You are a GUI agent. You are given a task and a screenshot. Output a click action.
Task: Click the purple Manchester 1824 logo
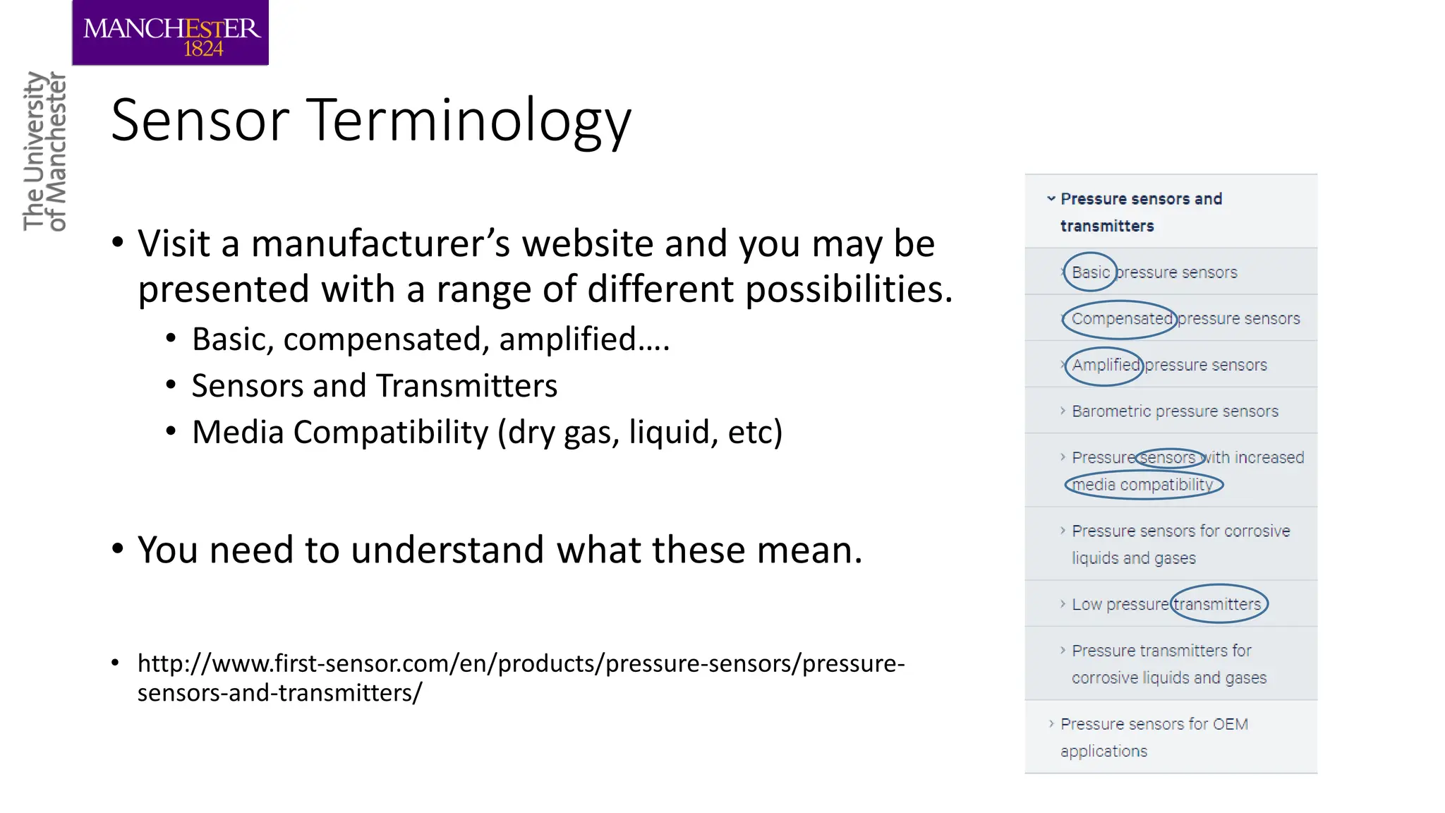[x=170, y=33]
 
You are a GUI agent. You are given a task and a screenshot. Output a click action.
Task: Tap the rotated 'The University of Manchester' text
[x=44, y=151]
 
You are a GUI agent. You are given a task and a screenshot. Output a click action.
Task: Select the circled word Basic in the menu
[x=1090, y=272]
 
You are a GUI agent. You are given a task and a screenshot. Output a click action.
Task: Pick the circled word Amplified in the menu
[x=1105, y=366]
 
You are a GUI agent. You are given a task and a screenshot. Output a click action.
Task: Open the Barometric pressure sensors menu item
[x=1175, y=411]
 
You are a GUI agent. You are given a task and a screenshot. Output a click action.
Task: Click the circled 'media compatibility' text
[x=1142, y=485]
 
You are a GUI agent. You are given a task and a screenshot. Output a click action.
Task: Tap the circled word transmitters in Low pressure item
[x=1217, y=604]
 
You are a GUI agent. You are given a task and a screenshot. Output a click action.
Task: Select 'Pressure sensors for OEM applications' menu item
[x=1154, y=737]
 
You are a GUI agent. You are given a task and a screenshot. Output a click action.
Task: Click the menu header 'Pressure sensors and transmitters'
[x=1140, y=212]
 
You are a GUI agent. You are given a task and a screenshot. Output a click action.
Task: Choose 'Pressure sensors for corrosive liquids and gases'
[x=1180, y=544]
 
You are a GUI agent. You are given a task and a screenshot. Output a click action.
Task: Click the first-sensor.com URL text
[x=520, y=677]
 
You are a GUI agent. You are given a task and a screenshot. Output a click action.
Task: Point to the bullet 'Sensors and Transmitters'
[x=374, y=386]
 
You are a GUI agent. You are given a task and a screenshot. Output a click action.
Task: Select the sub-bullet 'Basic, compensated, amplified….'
[x=430, y=339]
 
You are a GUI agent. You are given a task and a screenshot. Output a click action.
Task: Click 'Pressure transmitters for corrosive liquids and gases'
[x=1168, y=663]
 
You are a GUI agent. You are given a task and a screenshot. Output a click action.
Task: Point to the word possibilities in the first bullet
[x=849, y=289]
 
